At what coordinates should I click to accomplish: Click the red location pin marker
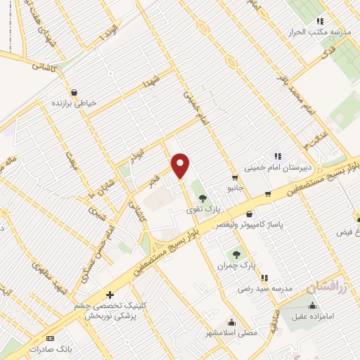tap(181, 166)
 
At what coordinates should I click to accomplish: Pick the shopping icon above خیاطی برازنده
tap(74, 91)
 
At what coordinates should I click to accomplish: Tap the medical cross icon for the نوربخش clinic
tap(109, 295)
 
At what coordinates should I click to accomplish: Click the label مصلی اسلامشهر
tap(224, 331)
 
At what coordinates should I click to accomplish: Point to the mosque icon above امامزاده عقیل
tap(313, 306)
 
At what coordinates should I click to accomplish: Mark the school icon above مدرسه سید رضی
tap(264, 278)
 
